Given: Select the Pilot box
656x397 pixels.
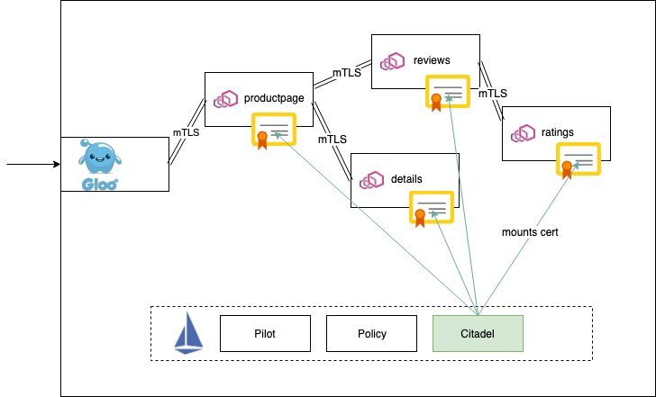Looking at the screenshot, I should pos(265,333).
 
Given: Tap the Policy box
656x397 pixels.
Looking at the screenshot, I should pos(371,333).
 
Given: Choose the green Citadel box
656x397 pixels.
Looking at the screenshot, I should pos(478,333).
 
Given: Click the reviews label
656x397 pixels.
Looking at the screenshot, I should pos(432,60).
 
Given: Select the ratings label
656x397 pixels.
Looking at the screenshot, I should pos(558,132).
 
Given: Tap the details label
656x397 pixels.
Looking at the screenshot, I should pos(406,179).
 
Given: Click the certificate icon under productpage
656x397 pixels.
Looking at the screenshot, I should pos(274,131).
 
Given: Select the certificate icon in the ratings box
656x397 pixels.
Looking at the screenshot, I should pos(578,164).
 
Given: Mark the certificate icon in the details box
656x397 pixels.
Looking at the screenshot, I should pos(432,209).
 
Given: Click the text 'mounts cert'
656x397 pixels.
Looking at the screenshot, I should pos(530,232).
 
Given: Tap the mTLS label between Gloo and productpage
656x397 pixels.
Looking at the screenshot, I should pos(186,132).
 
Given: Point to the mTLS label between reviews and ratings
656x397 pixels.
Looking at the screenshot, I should pos(492,94).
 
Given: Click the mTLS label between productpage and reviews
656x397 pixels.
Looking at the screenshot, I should pos(347,73).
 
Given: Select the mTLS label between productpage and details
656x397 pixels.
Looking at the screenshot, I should pos(333,140).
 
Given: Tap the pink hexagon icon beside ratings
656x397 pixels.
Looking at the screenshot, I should pos(523,133).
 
